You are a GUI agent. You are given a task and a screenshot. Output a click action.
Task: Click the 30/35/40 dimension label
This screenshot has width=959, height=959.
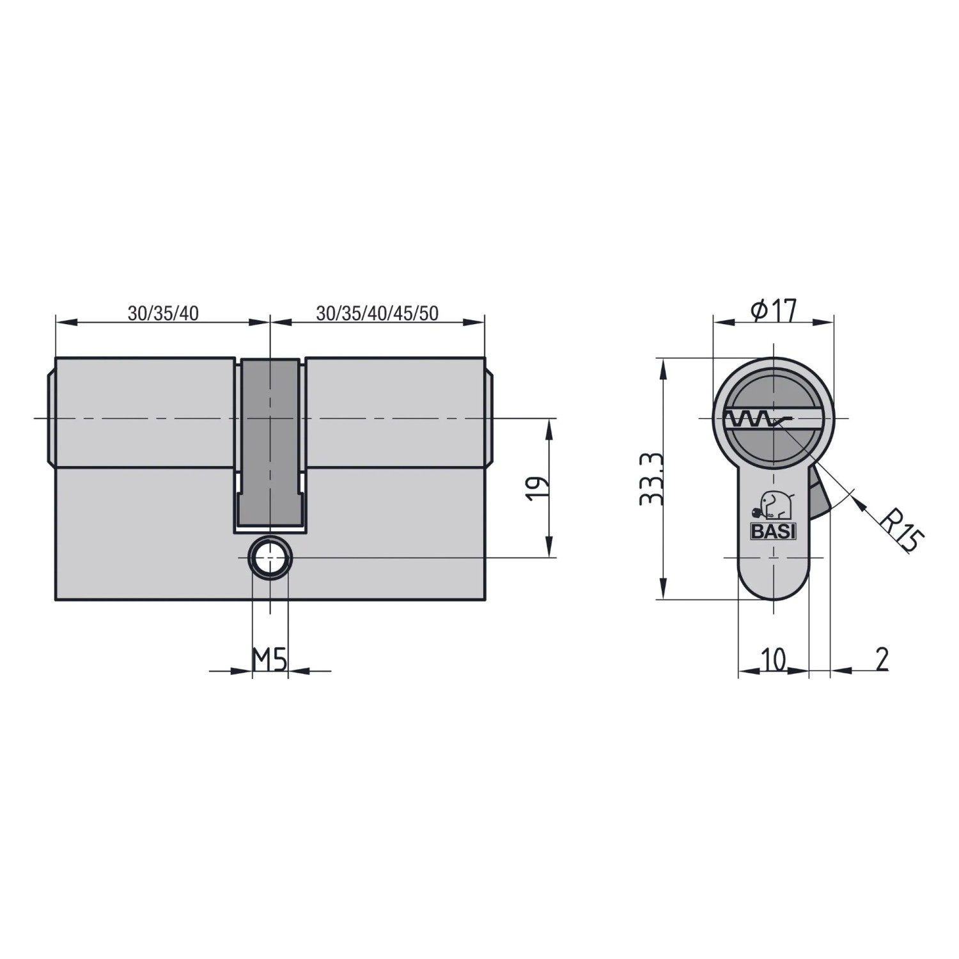[x=163, y=313]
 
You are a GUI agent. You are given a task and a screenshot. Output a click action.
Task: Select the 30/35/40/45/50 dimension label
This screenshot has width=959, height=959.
[x=377, y=313]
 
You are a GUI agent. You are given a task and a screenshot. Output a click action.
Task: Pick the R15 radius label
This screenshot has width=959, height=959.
[x=901, y=529]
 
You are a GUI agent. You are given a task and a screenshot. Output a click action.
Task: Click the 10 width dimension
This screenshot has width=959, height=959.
[x=774, y=659]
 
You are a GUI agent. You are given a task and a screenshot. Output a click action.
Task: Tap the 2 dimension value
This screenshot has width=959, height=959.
[x=882, y=659]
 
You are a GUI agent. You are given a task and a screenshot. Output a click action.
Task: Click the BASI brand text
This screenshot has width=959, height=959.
[x=773, y=531]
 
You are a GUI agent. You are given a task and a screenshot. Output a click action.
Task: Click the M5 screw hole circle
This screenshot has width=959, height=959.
[x=270, y=557]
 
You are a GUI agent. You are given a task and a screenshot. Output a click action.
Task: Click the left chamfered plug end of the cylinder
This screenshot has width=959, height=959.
[x=52, y=419]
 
